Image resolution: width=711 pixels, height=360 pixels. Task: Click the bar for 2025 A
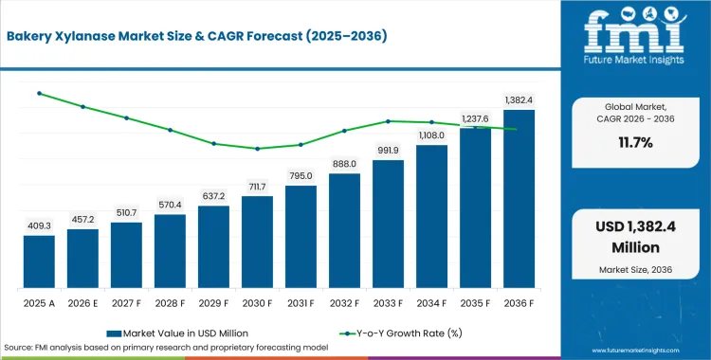39,261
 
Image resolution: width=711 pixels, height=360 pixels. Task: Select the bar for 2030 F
257,243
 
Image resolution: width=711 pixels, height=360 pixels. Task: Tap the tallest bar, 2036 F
519,199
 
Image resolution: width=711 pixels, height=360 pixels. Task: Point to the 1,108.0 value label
431,135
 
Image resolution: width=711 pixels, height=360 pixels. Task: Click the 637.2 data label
213,197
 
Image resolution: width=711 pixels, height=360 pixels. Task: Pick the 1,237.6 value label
475,118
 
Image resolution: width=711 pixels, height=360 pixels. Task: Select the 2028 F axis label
170,304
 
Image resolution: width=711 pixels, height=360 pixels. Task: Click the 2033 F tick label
388,304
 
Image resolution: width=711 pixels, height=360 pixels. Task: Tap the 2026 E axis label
83,304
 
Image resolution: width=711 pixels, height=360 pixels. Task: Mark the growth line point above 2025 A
40,94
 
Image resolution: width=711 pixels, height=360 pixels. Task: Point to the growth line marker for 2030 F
257,149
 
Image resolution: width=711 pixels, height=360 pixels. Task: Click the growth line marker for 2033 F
388,121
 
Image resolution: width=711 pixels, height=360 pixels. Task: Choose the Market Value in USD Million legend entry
177,333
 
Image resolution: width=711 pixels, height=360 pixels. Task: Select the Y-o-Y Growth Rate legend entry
400,333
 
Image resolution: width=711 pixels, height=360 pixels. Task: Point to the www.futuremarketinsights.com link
636,351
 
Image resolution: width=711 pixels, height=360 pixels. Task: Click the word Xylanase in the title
98,36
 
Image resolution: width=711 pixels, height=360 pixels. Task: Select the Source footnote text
166,348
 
